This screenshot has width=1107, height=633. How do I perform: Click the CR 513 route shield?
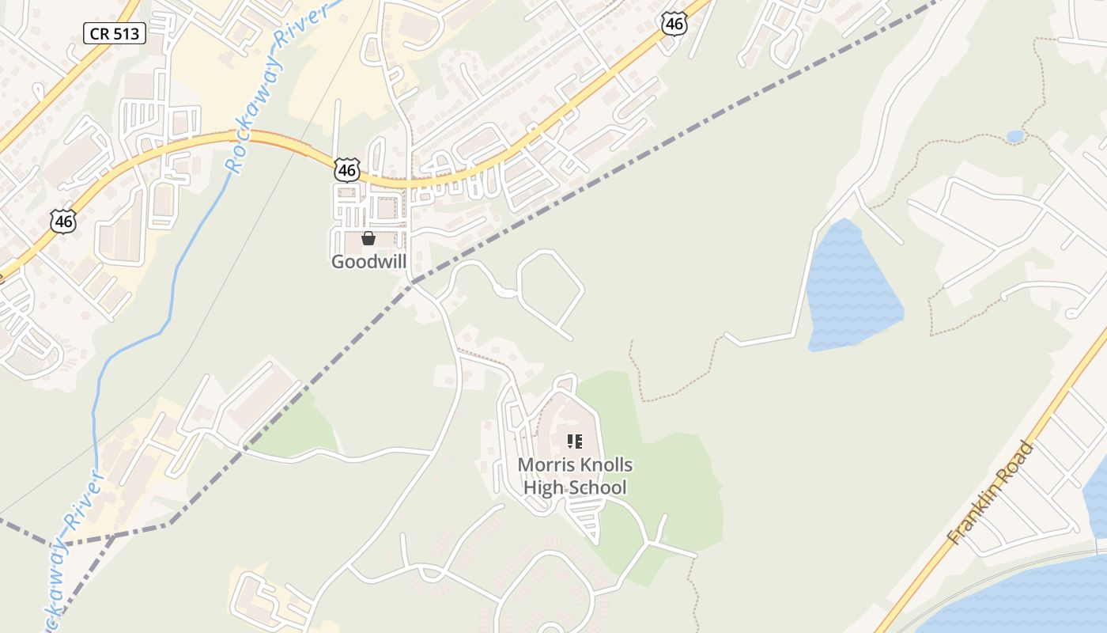click(115, 32)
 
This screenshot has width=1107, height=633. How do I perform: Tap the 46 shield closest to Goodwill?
click(346, 169)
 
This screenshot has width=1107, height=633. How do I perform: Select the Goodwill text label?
click(368, 261)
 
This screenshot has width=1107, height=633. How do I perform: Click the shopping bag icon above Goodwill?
click(368, 238)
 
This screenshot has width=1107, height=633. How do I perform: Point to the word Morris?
click(546, 464)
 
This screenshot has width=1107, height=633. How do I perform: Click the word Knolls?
click(605, 464)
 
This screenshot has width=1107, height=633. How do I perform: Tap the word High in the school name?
click(542, 487)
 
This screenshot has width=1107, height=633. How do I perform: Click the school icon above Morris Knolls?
click(575, 442)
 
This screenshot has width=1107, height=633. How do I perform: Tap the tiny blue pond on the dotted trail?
click(1015, 137)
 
